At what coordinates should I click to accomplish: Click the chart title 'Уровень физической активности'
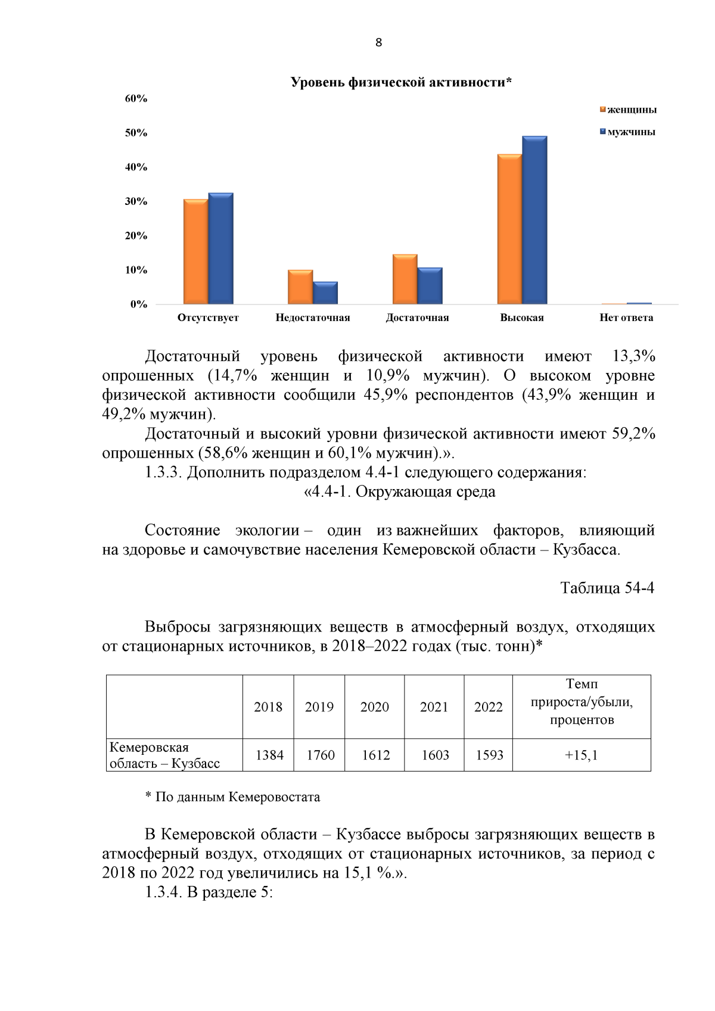pyautogui.click(x=401, y=82)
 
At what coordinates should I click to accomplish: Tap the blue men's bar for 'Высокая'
pyautogui.click(x=534, y=220)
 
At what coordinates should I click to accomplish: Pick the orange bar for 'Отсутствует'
pyautogui.click(x=195, y=252)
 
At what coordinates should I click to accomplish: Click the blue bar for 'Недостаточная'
pyautogui.click(x=325, y=293)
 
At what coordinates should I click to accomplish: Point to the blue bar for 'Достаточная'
pyautogui.click(x=430, y=286)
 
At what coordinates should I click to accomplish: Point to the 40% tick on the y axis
pyautogui.click(x=136, y=167)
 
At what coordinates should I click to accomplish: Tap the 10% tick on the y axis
pyautogui.click(x=136, y=270)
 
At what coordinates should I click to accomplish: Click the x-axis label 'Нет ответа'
pyautogui.click(x=626, y=318)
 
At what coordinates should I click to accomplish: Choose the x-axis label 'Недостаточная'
pyautogui.click(x=313, y=318)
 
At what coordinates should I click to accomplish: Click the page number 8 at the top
pyautogui.click(x=379, y=43)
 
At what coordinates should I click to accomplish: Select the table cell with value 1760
pyautogui.click(x=321, y=755)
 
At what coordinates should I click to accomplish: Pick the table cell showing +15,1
pyautogui.click(x=581, y=755)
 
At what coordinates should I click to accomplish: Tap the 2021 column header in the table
pyautogui.click(x=434, y=707)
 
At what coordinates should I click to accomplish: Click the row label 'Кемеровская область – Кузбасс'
pyautogui.click(x=165, y=755)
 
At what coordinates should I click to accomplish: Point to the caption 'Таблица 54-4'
pyautogui.click(x=607, y=588)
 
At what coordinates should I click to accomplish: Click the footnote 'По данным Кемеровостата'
pyautogui.click(x=237, y=797)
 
